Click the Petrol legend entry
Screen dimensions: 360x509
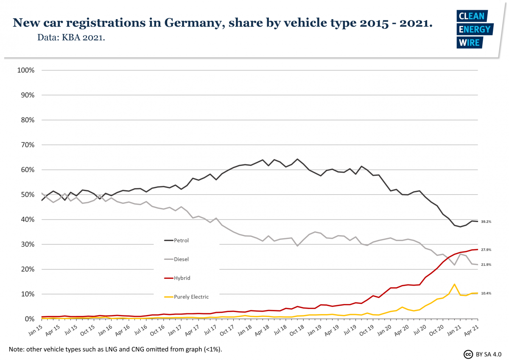pyautogui.click(x=177, y=240)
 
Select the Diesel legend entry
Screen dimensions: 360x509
pyautogui.click(x=177, y=259)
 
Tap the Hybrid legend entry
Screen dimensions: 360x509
pyautogui.click(x=177, y=278)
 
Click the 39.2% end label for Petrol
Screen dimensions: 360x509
pyautogui.click(x=486, y=222)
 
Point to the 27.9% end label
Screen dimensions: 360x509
pyautogui.click(x=486, y=250)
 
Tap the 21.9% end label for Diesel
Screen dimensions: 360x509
pyautogui.click(x=486, y=265)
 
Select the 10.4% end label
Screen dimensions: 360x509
pyautogui.click(x=486, y=293)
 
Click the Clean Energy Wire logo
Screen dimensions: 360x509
pyautogui.click(x=474, y=29)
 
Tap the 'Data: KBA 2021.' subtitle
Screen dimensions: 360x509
pyautogui.click(x=71, y=38)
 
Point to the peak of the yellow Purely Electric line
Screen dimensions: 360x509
pyautogui.click(x=454, y=284)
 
